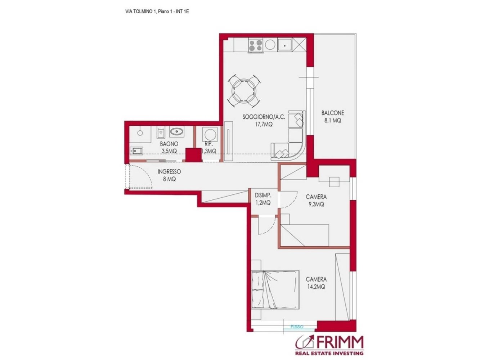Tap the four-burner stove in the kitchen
(256, 46)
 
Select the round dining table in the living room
(243, 91)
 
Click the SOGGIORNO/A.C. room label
(264, 117)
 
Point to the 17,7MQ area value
(264, 124)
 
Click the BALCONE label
(332, 113)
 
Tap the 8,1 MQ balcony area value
(332, 121)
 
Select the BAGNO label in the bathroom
(169, 144)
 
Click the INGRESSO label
(169, 172)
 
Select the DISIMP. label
(263, 195)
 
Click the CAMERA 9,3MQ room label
(316, 197)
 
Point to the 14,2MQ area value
(316, 287)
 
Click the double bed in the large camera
(275, 289)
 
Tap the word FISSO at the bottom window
(297, 327)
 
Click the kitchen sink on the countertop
(284, 46)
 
